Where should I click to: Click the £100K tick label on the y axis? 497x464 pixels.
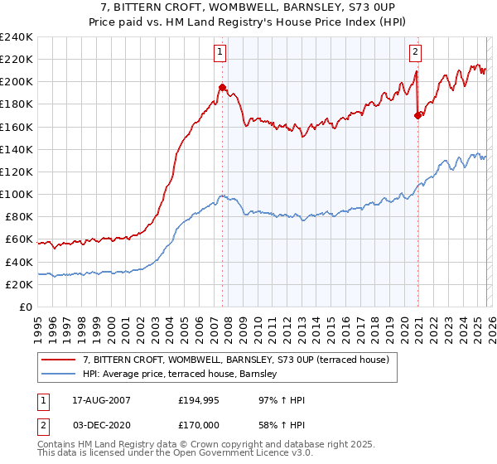pos(17,194)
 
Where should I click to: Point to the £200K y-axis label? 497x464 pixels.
pos(17,81)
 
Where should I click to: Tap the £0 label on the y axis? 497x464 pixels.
pos(25,307)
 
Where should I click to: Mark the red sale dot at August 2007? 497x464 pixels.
pos(222,87)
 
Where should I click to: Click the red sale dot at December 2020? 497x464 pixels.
pos(417,115)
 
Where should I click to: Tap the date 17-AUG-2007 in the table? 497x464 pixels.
pos(96,400)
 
